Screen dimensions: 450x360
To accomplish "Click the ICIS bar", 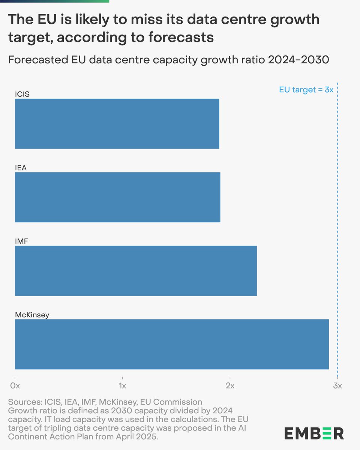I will [117, 124].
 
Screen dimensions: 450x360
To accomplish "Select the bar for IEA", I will [117, 197].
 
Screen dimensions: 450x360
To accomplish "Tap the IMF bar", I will [136, 271].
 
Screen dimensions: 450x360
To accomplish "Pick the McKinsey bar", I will [172, 344].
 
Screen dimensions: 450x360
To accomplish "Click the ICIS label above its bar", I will [22, 94].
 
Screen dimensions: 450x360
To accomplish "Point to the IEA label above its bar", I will [21, 168].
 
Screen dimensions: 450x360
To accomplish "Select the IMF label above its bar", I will [21, 241].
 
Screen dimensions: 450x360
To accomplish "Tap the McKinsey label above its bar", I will [32, 315].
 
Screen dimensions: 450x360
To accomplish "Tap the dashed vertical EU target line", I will [337, 225].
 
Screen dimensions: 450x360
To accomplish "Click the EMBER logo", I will [313, 433].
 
